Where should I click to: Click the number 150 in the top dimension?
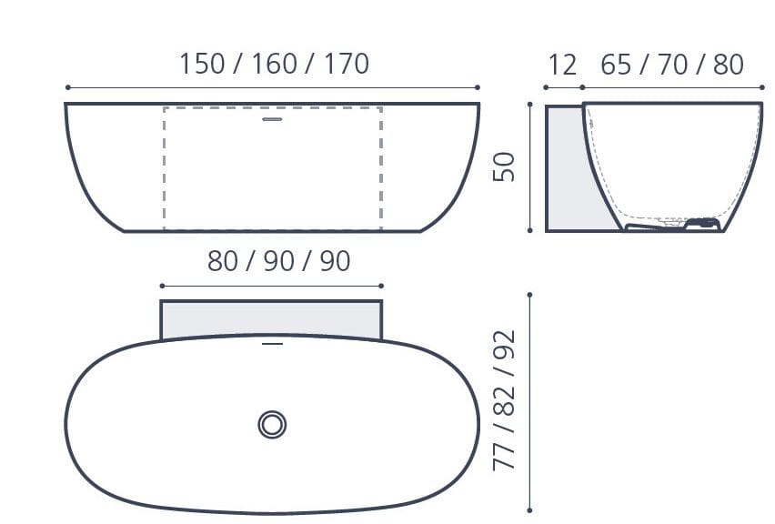[x=201, y=64]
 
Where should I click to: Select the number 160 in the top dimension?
[x=274, y=64]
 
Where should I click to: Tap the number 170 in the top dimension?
[x=346, y=64]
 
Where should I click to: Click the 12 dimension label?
[x=563, y=65]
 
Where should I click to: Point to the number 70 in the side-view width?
[x=672, y=65]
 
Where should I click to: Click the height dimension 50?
[x=505, y=166]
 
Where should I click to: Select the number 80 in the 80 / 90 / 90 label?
[x=225, y=261]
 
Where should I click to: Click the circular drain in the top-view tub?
[x=272, y=424]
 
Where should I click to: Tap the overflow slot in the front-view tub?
[x=273, y=118]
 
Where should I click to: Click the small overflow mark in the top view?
[x=272, y=345]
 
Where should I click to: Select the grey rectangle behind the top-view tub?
[x=271, y=318]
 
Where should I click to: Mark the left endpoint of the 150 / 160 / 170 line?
[x=68, y=87]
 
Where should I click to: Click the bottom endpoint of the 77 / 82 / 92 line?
[x=529, y=510]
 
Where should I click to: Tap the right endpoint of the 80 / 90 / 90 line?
[x=382, y=286]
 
